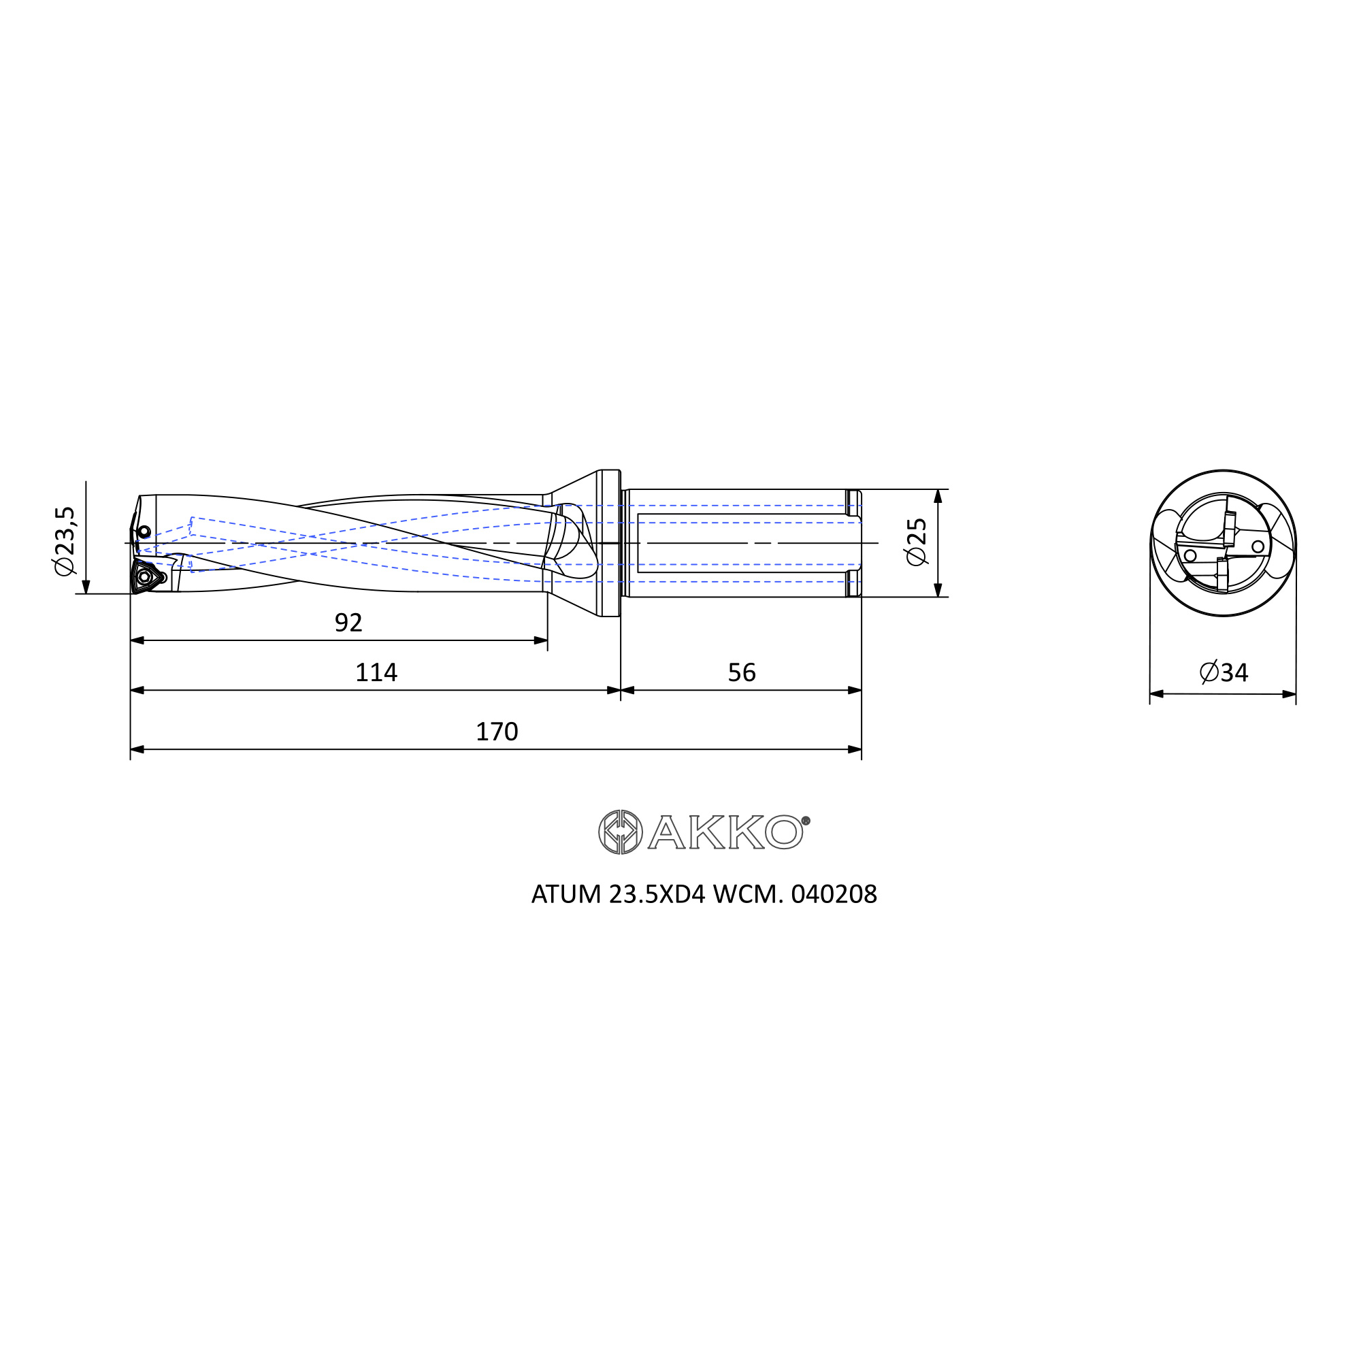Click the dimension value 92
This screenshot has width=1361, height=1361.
(x=348, y=623)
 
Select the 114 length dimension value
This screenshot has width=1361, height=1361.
(x=376, y=673)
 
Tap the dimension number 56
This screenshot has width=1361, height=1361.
(x=741, y=673)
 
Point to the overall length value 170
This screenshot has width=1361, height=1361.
(x=497, y=732)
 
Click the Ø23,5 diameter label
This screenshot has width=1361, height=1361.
(x=65, y=540)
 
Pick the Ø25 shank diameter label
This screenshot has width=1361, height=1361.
(x=917, y=542)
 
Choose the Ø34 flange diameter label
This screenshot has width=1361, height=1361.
(x=1224, y=673)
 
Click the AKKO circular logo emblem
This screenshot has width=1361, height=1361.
(x=620, y=832)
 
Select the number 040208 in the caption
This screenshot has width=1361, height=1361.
(x=834, y=894)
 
